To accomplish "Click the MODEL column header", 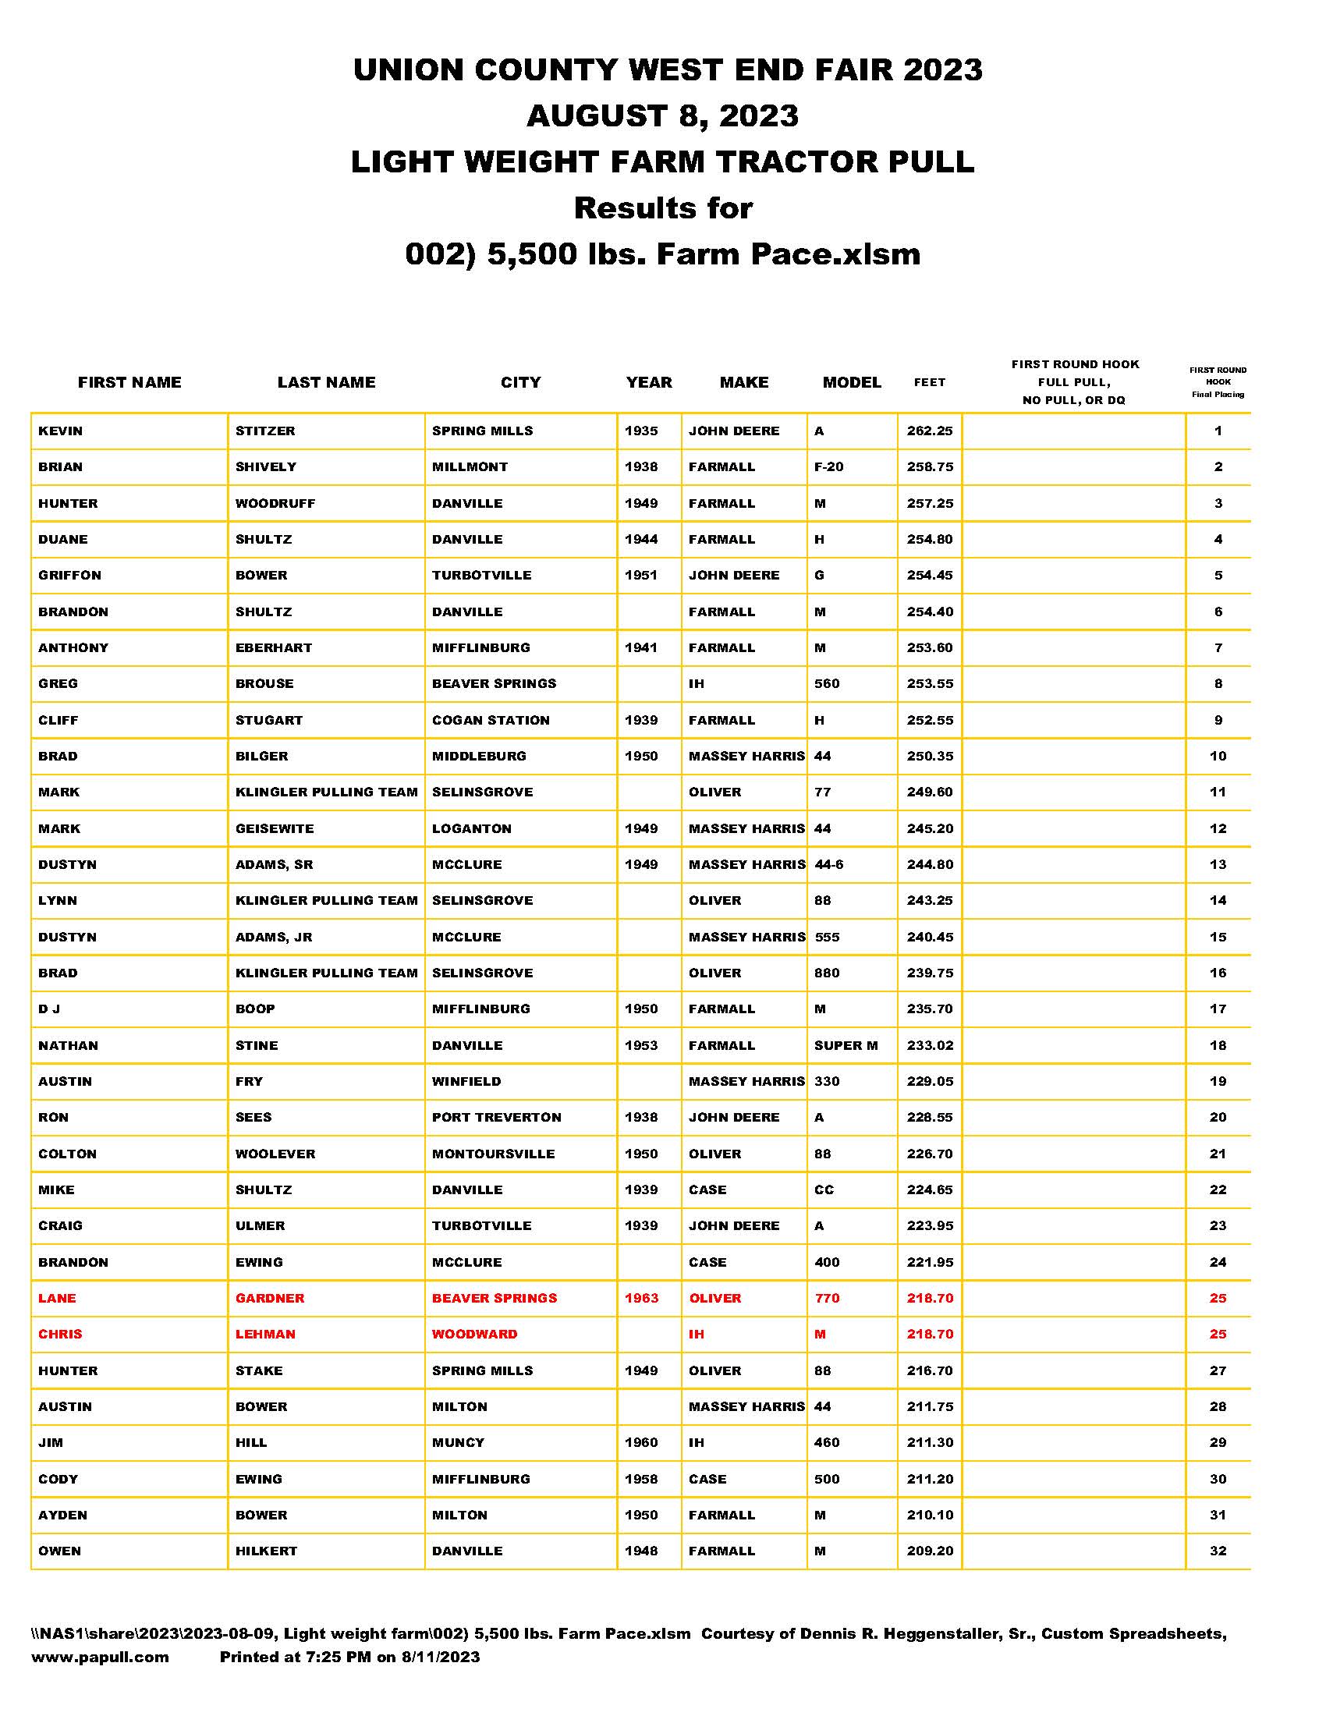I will (852, 383).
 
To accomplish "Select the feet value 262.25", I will (929, 431).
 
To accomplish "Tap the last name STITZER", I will (264, 431).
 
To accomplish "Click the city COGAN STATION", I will (490, 720).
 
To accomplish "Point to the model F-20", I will (828, 466).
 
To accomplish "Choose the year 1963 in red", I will (641, 1298).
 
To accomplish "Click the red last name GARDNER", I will (269, 1298).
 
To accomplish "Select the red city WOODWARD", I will (474, 1334).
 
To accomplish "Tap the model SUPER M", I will (846, 1045).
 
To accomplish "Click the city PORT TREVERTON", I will (496, 1117).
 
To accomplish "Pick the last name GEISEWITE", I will (274, 828).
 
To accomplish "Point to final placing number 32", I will (1218, 1551).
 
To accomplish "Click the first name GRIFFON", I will (70, 575).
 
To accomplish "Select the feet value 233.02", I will (929, 1045).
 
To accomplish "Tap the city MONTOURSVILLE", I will (493, 1154).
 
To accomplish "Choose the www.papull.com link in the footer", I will (100, 1657).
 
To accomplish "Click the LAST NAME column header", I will (326, 383).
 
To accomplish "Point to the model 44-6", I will (828, 864).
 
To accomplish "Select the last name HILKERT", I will (266, 1551).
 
